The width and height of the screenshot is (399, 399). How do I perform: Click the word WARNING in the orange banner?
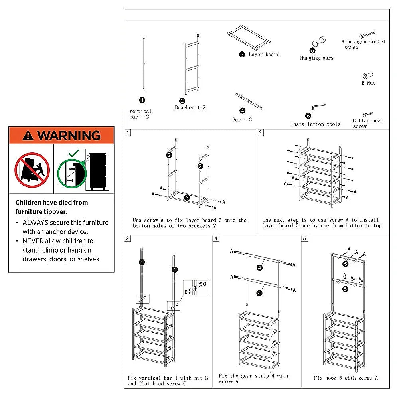(x=69, y=136)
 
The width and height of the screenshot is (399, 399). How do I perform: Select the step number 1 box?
(x=127, y=132)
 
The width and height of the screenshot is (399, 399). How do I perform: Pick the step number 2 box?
(x=261, y=132)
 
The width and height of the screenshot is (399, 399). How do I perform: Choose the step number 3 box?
(x=127, y=239)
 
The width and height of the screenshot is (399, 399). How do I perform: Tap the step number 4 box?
(x=216, y=239)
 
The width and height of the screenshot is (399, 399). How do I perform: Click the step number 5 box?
(x=305, y=239)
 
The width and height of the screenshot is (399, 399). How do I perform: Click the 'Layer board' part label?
(x=264, y=55)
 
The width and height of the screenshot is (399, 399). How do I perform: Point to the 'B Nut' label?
(x=368, y=83)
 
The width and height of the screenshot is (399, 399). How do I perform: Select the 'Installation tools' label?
(x=315, y=124)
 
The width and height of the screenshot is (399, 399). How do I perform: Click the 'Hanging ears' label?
(x=316, y=58)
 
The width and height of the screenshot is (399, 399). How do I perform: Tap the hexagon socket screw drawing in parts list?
(x=368, y=35)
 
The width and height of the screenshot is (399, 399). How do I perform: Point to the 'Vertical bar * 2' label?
(x=140, y=114)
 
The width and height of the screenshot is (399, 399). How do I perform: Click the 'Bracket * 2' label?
(x=190, y=108)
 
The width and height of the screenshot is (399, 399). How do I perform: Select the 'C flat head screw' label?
(x=367, y=123)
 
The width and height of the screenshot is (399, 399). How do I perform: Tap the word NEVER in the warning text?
(x=33, y=241)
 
